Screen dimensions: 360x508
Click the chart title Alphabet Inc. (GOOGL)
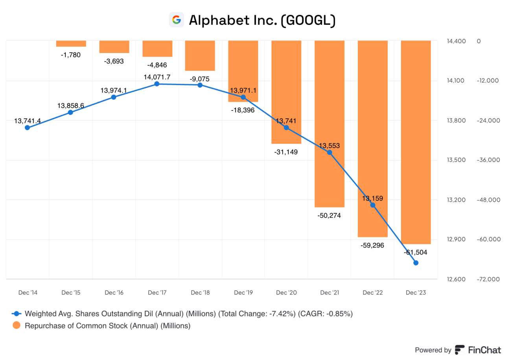click(x=262, y=20)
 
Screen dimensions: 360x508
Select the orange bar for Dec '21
click(x=329, y=123)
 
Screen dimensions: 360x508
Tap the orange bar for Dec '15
click(x=71, y=44)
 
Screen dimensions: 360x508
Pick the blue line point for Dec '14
click(x=27, y=127)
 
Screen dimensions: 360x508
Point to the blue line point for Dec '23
click(x=416, y=263)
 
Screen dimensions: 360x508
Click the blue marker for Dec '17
click(x=157, y=84)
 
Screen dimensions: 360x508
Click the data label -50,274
click(x=329, y=215)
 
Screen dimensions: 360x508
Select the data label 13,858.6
click(x=71, y=106)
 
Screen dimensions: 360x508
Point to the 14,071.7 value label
click(x=157, y=77)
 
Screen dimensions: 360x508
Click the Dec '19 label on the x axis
click(x=243, y=293)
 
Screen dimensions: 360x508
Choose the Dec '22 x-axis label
click(x=373, y=293)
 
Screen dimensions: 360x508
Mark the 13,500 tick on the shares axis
click(x=456, y=160)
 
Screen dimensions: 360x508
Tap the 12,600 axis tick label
click(x=456, y=279)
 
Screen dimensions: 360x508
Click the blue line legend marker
click(x=17, y=314)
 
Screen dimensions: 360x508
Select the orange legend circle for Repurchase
click(x=17, y=325)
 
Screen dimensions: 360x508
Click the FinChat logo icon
click(x=459, y=350)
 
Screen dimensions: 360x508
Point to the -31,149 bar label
click(x=286, y=152)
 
